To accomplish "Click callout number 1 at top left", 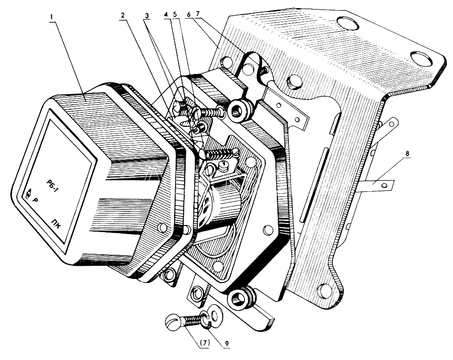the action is [x=51, y=17].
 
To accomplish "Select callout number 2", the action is [x=123, y=16].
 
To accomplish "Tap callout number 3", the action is [x=147, y=16].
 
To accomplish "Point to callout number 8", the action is [x=407, y=154].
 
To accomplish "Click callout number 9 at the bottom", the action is [x=227, y=344].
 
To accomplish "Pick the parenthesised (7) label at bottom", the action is [x=204, y=344].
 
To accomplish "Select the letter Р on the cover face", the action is [x=36, y=200].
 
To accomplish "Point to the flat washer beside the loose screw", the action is [x=214, y=312].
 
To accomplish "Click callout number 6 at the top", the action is [x=188, y=16].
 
